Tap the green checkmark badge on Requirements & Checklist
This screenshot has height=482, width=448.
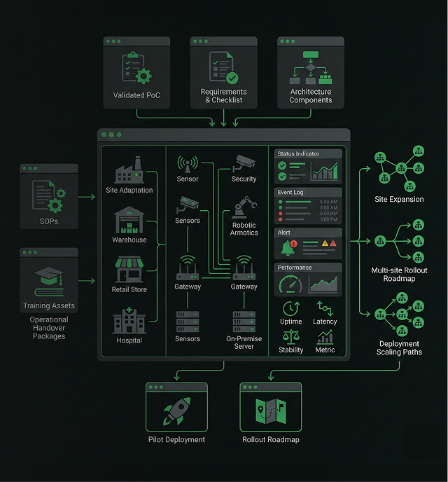(x=232, y=78)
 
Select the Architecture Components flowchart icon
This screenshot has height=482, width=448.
(x=310, y=68)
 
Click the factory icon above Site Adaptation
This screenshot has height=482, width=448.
(x=129, y=170)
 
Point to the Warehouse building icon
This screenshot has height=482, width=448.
(x=129, y=220)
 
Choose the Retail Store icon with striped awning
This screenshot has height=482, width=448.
(x=129, y=270)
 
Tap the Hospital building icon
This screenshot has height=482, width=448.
(x=129, y=320)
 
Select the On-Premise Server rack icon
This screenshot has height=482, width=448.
(x=244, y=322)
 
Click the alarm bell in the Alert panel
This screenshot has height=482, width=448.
(x=288, y=248)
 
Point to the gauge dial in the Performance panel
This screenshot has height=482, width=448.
(x=290, y=284)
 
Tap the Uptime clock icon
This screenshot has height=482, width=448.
(x=290, y=309)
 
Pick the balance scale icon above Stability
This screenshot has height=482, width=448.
(x=290, y=337)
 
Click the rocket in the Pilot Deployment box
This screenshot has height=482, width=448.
(x=177, y=411)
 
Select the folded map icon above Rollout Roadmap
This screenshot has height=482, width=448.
(x=271, y=411)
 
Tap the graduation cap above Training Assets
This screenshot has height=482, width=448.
(x=49, y=276)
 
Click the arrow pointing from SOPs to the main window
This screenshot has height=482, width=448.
(x=87, y=197)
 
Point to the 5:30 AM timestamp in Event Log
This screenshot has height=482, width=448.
(x=328, y=202)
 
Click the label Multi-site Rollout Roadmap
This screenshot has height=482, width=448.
(x=399, y=275)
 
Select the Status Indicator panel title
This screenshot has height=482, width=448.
(x=298, y=153)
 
